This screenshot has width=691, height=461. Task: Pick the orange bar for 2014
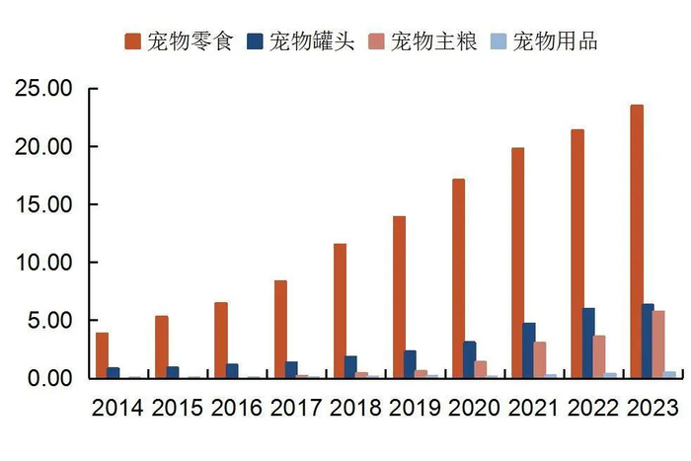click(102, 355)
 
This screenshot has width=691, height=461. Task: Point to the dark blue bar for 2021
click(528, 350)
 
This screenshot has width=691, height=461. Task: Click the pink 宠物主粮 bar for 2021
click(540, 359)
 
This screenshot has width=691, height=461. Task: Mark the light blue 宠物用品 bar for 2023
click(671, 374)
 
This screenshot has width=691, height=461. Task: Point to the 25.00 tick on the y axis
click(44, 89)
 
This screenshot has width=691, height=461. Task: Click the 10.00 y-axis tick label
click(44, 263)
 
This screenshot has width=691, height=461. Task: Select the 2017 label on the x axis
click(295, 408)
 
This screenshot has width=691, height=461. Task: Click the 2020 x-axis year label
click(474, 408)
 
